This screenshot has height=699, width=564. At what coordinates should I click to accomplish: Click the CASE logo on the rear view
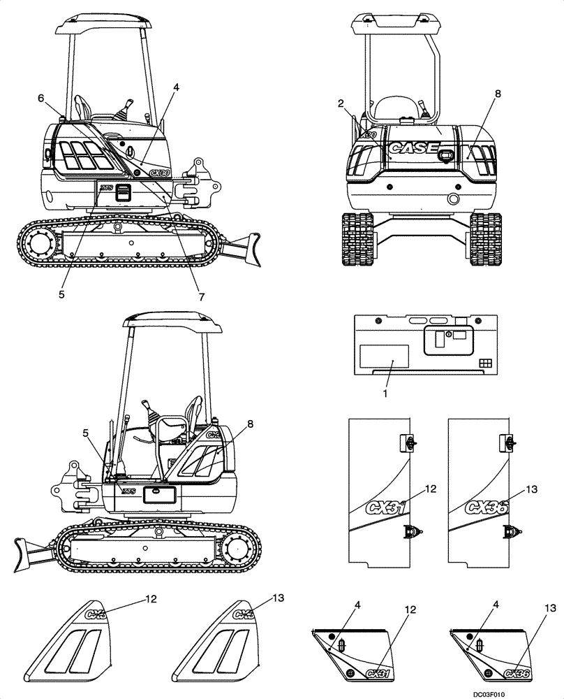coord(413,148)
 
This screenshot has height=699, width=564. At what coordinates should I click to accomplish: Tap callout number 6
coord(40,99)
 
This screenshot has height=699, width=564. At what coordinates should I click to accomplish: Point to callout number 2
coord(341,104)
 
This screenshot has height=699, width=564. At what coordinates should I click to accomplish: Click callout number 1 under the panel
coord(385,394)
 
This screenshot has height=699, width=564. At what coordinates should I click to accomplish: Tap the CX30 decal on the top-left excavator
coord(160,173)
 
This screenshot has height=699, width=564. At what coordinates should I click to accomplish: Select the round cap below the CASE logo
coord(454,200)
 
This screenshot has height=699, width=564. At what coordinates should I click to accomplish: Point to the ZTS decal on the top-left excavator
coord(106,187)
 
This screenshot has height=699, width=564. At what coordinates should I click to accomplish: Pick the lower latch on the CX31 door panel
coord(411,533)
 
